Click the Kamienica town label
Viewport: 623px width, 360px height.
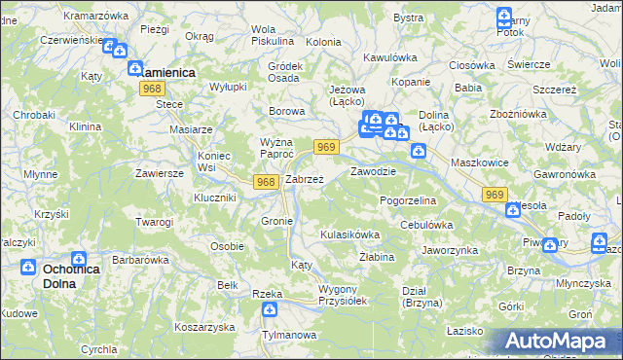click(x=166, y=72)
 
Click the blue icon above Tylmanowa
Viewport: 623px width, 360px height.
click(x=270, y=309)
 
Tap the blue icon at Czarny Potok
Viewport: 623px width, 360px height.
click(x=503, y=16)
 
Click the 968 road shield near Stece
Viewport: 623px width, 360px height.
click(x=151, y=89)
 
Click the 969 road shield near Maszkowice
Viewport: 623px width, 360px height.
click(x=494, y=196)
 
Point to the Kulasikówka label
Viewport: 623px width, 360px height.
click(x=349, y=235)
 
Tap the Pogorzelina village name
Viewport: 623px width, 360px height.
click(x=408, y=199)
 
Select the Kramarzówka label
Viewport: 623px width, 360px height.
click(x=96, y=17)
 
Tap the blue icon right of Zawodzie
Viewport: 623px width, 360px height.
click(x=418, y=151)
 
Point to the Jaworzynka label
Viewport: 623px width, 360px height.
click(x=450, y=250)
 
